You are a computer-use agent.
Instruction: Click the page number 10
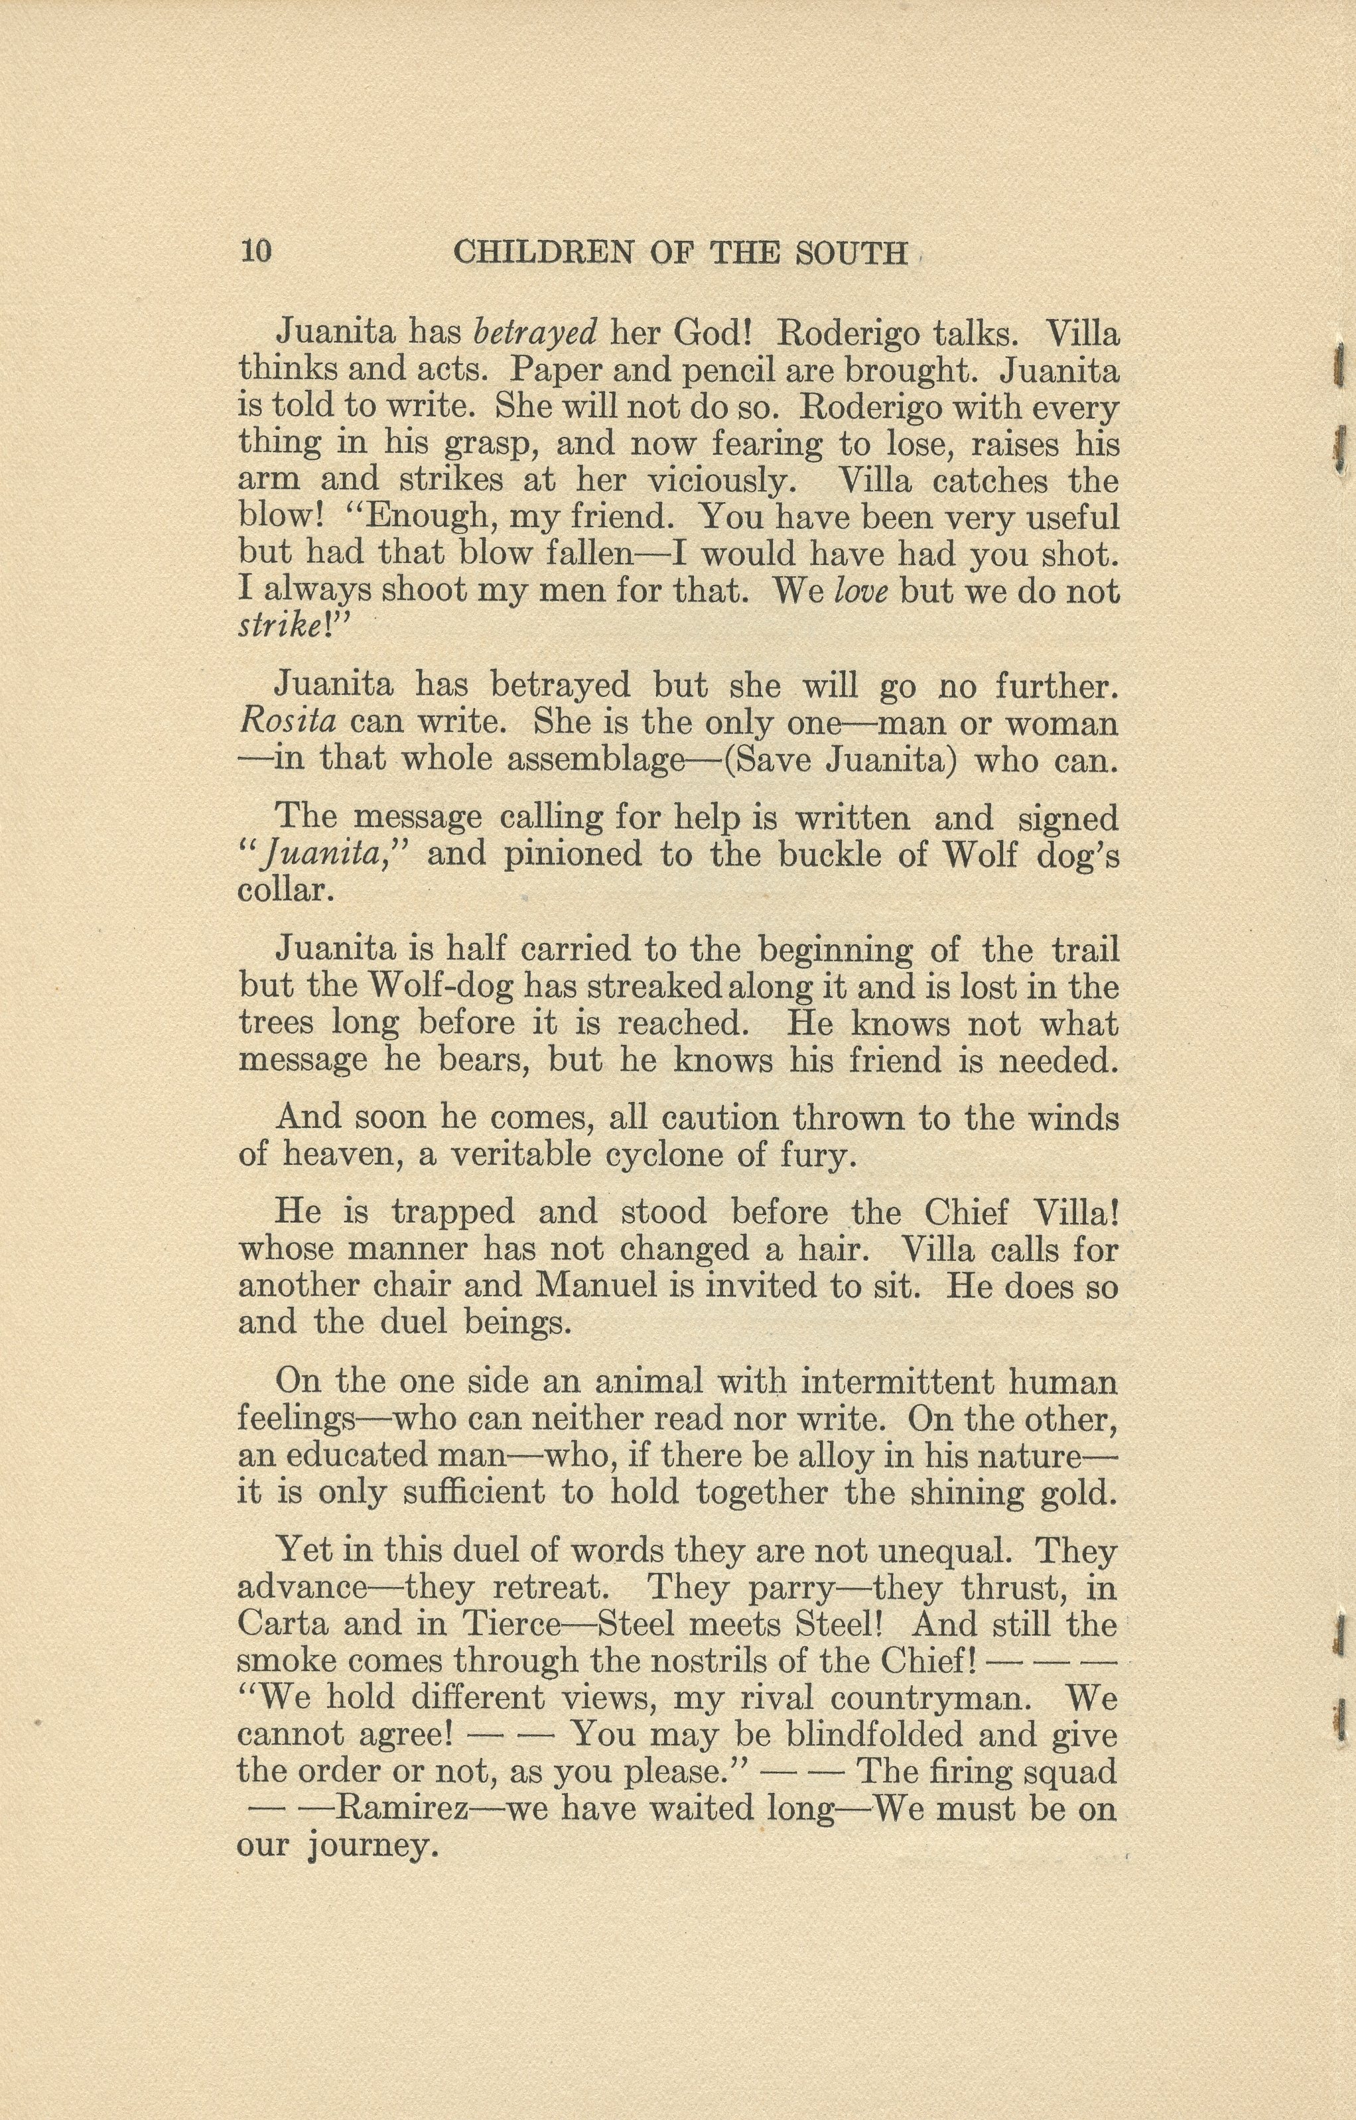255,252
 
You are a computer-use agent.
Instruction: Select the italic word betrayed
535,333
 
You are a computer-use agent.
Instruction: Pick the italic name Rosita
287,722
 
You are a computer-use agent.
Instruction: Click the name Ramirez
403,1809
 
